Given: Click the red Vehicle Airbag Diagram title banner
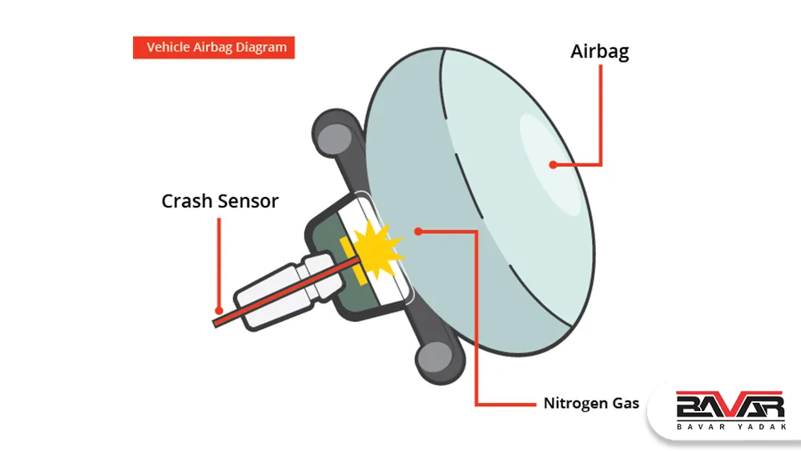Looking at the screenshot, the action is click(214, 47).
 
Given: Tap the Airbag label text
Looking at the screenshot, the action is click(600, 51).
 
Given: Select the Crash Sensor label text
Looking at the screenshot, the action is click(219, 201).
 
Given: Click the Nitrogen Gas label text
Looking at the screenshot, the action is click(591, 403).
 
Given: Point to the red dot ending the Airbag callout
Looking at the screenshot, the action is click(553, 164).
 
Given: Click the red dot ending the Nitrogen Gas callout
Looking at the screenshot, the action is click(418, 232).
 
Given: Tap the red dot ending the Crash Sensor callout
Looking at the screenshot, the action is click(219, 311).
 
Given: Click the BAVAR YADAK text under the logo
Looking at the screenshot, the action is click(731, 426).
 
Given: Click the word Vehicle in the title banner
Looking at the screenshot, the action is click(167, 47).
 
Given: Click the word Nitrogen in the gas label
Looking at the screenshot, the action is click(570, 403).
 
